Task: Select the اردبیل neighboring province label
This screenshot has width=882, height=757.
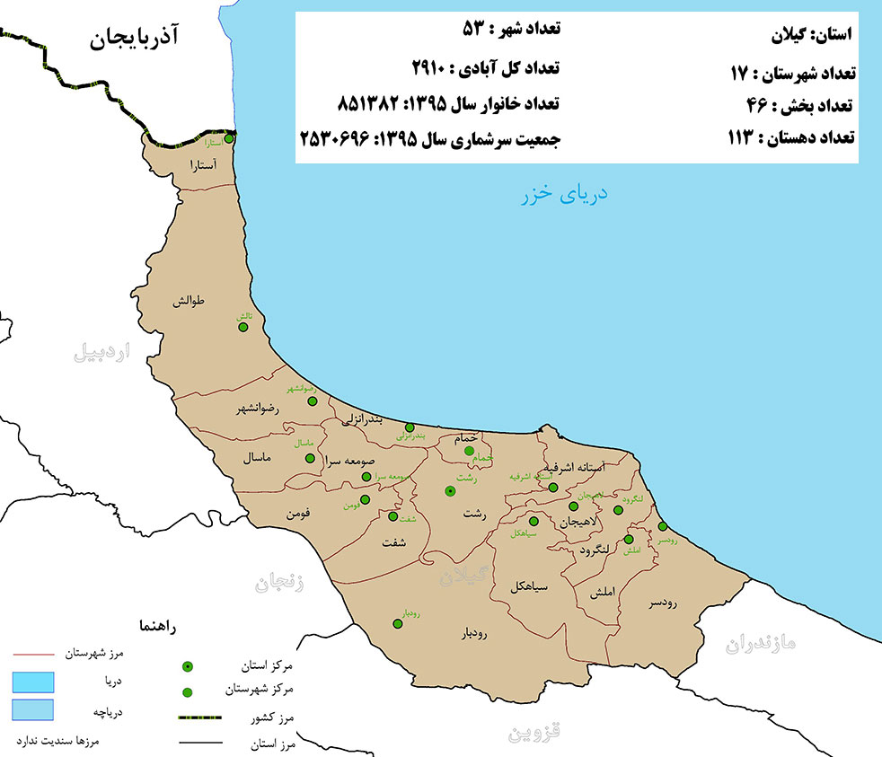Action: [x=101, y=352]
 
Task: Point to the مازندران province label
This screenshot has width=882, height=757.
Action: [x=762, y=643]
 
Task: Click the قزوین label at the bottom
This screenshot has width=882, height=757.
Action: [x=535, y=732]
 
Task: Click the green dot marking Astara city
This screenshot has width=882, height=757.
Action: [x=229, y=139]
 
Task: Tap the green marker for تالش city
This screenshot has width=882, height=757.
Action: [x=243, y=327]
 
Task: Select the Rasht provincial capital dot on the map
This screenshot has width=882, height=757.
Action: [x=450, y=491]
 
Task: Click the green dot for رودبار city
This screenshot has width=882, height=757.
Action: [x=397, y=624]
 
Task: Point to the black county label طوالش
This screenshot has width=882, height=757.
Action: [x=196, y=303]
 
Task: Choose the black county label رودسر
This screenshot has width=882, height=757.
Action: [x=666, y=603]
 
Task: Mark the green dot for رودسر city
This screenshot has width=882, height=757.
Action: [x=663, y=527]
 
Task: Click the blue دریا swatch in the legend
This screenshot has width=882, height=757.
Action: [x=34, y=682]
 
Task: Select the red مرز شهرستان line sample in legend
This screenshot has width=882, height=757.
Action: [x=34, y=655]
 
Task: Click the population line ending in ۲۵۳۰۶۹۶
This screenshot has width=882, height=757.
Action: [x=429, y=140]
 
